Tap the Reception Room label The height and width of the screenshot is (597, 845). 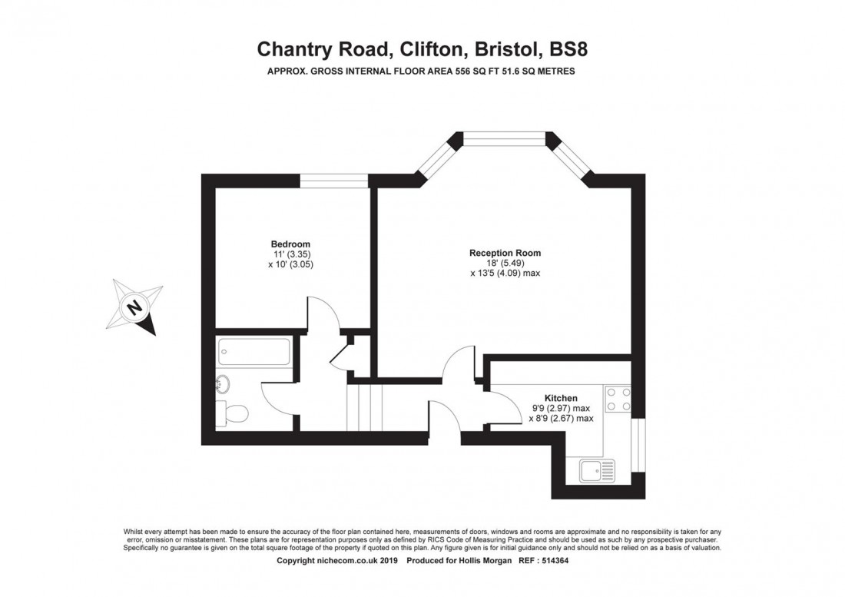click(x=505, y=253)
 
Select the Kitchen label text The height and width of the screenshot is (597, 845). click(x=562, y=398)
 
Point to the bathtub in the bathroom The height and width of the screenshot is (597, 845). click(x=254, y=353)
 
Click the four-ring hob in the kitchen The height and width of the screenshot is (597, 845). click(x=619, y=398)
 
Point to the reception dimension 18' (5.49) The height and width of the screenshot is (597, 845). click(x=505, y=263)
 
